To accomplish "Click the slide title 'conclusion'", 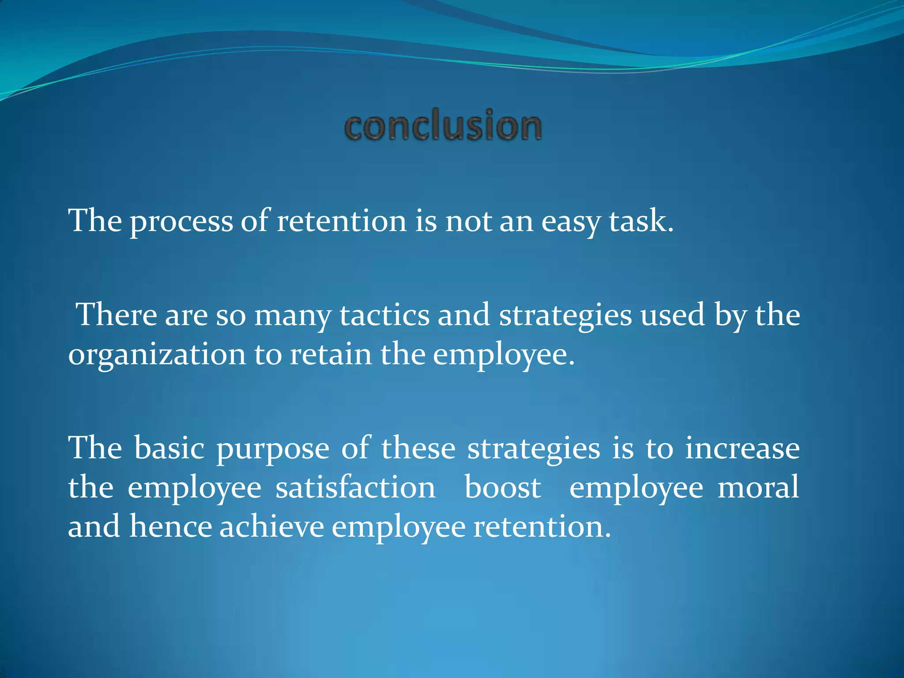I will (443, 126).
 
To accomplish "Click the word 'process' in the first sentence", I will (181, 222).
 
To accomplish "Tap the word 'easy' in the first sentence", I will (570, 222).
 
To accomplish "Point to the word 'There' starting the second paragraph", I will (117, 315).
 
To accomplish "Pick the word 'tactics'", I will (384, 315).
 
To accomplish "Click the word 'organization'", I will (157, 356).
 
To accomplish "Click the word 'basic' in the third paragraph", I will (169, 448).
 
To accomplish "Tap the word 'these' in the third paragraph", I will (418, 448).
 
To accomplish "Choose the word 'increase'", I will (742, 448).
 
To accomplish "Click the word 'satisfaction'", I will (355, 488).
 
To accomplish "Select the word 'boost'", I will (503, 488).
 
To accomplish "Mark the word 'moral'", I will (758, 488).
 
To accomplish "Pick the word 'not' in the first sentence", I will (468, 221).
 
